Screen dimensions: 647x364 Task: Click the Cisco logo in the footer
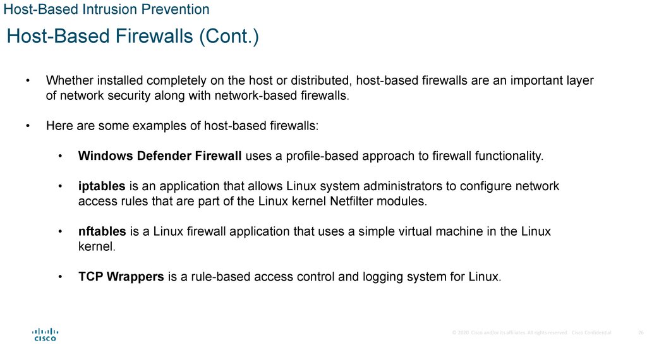45,334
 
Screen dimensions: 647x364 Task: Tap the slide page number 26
641,333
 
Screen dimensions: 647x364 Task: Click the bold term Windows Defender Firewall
160,156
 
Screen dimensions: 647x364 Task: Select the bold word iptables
102,187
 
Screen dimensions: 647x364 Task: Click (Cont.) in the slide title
229,37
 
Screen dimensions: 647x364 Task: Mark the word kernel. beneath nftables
97,247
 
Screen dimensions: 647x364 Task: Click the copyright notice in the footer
531,333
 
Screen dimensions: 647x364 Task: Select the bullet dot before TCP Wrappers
60,277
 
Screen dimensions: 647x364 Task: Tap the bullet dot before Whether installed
28,81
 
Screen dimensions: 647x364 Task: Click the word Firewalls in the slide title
154,37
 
